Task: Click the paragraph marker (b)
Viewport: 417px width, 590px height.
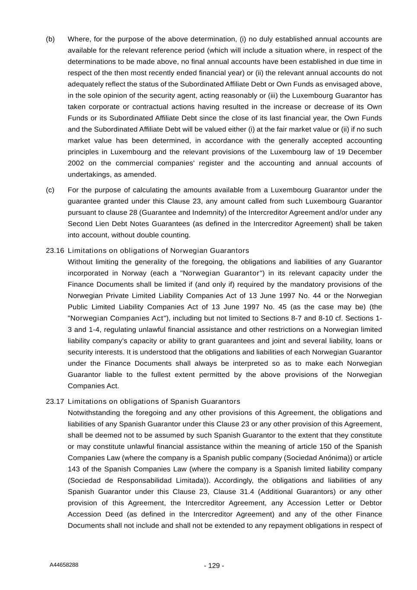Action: click(x=50, y=39)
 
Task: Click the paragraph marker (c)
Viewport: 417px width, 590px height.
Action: click(x=50, y=190)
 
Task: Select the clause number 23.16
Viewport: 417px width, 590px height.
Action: click(x=55, y=251)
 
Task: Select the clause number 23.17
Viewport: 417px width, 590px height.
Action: click(x=55, y=402)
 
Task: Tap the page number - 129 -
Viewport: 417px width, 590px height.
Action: click(x=214, y=566)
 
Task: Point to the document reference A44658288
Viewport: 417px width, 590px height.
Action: click(x=64, y=565)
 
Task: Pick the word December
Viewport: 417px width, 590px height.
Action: click(x=366, y=152)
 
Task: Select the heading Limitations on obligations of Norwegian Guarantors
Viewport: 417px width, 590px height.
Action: click(x=158, y=251)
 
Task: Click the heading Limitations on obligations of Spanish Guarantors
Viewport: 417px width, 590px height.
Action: click(x=154, y=402)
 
